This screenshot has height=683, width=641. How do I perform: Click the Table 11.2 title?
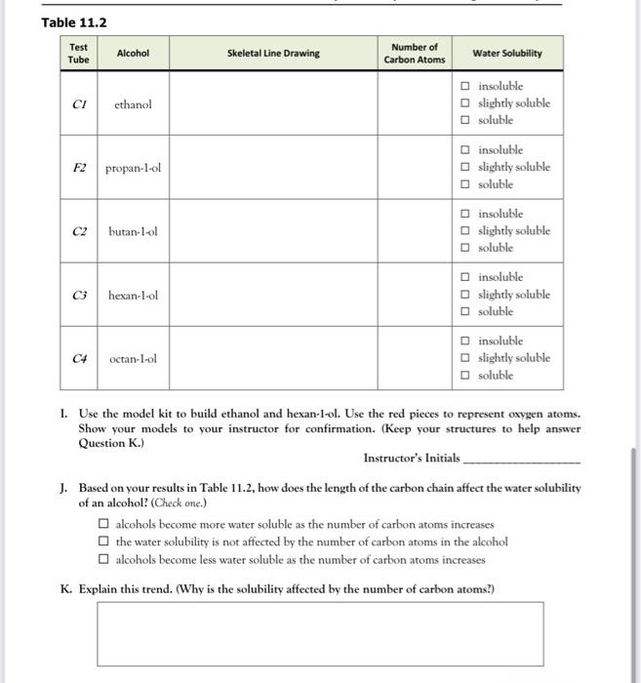[74, 22]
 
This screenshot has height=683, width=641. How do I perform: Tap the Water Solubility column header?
[506, 54]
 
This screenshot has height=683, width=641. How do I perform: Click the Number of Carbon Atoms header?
[414, 54]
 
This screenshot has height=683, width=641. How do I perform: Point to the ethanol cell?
[133, 103]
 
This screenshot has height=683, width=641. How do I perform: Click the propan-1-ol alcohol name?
[133, 167]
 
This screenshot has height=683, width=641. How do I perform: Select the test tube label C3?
[79, 295]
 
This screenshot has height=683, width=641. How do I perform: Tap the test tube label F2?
[79, 167]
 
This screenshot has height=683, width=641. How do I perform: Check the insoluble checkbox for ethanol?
[466, 87]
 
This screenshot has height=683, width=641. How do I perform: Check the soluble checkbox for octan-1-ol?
[466, 376]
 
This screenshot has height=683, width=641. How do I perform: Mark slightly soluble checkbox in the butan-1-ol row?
[466, 231]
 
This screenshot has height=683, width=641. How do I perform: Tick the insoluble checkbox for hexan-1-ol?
[466, 278]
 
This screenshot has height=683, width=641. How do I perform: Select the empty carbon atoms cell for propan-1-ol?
[414, 167]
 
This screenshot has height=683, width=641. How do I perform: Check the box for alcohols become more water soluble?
[102, 524]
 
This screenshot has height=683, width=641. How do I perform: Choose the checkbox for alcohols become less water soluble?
[102, 560]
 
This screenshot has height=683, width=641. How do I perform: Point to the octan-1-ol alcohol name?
[133, 359]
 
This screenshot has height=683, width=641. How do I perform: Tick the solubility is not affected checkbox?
[102, 542]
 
